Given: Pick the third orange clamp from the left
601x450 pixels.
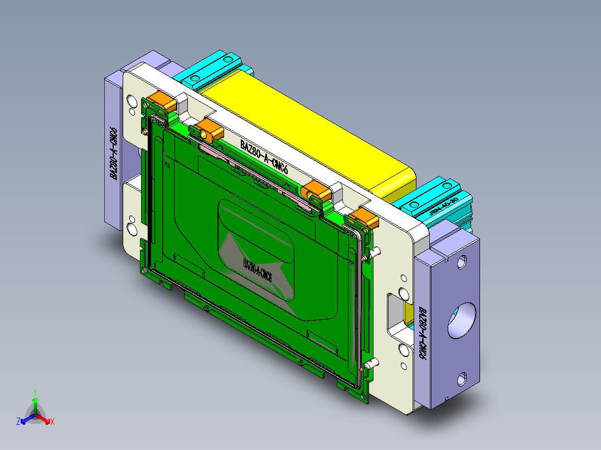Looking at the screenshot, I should pos(318,191).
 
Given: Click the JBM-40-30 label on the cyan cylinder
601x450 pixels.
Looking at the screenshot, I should pos(444,206).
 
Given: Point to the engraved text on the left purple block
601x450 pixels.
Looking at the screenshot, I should pos(113,153).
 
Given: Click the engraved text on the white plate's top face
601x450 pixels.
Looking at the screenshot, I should pos(264,158).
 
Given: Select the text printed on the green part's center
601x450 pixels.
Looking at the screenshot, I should pos(257,269).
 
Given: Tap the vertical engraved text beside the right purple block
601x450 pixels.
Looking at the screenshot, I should pos(423,332).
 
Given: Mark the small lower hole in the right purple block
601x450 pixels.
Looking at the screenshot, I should pos(462,380).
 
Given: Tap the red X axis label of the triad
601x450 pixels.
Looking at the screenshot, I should pos(52,422).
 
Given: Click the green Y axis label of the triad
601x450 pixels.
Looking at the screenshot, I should pos(35,392).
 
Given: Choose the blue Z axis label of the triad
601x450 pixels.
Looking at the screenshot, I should pos(18,422).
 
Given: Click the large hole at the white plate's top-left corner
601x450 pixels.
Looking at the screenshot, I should pos(132,101).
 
